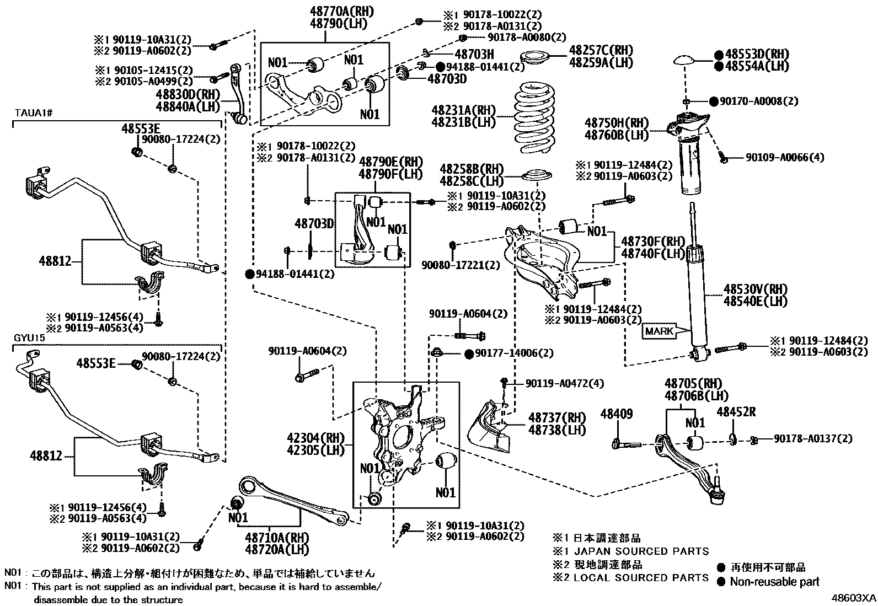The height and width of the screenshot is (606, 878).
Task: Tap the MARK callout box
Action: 659,331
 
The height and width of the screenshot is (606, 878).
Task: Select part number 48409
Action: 616,414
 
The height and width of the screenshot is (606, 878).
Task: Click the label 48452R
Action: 736,411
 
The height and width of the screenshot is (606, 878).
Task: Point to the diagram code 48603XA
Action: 854,597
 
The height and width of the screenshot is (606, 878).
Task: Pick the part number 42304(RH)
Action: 315,438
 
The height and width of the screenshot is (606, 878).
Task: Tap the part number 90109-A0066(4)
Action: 784,158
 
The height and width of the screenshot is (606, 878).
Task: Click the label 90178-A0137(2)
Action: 812,438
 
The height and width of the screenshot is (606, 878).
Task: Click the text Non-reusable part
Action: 774,582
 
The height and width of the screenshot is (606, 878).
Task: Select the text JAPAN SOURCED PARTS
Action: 641,551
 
